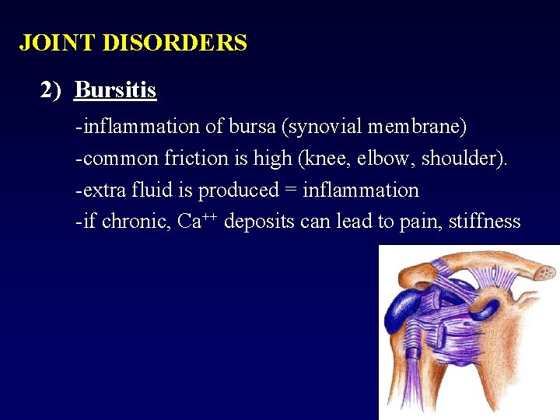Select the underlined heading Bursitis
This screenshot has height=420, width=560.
tap(115, 91)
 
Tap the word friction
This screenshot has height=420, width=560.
tap(198, 159)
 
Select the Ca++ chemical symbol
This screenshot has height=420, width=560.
tap(196, 221)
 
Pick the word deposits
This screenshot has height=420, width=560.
tap(262, 222)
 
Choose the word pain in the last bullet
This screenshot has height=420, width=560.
tap(418, 222)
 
